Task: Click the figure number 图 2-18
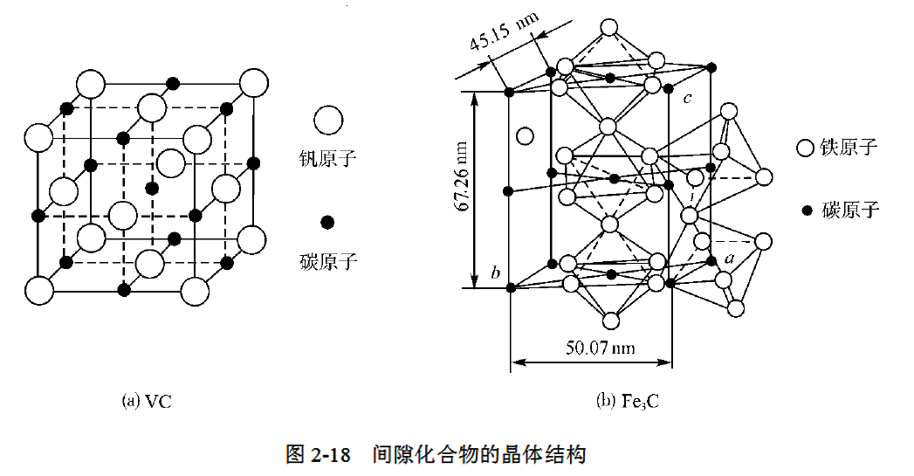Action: [318, 455]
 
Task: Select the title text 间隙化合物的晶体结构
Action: [478, 455]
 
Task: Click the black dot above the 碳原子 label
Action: [327, 222]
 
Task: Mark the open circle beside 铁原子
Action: [806, 148]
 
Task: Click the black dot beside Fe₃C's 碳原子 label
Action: [807, 210]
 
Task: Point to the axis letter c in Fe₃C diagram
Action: [688, 98]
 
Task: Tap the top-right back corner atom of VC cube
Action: [253, 83]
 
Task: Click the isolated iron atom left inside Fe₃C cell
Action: [525, 135]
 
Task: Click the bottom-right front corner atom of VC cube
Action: [194, 290]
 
